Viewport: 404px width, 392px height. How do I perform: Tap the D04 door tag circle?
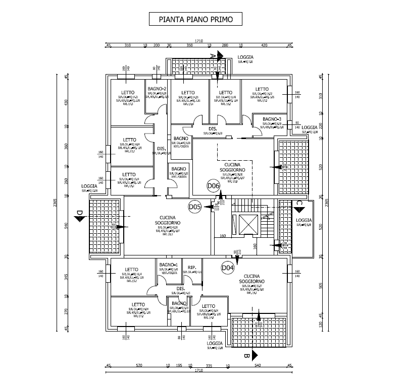228,268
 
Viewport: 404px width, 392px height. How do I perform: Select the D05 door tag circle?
195,207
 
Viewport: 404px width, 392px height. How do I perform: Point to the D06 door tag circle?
214,185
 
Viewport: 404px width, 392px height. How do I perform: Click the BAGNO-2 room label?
157,89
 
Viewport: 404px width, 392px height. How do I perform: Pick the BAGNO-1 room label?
168,265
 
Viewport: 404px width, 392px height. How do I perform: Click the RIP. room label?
192,267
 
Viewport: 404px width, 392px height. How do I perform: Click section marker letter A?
213,54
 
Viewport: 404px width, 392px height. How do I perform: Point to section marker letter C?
299,203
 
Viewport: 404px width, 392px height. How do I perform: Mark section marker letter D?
79,216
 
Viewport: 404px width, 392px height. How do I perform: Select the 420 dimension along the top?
264,46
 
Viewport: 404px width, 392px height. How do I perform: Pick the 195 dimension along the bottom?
178,366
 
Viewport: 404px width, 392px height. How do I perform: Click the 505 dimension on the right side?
320,286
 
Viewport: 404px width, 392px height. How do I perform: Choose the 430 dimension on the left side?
66,102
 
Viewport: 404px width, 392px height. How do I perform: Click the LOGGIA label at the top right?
245,58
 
